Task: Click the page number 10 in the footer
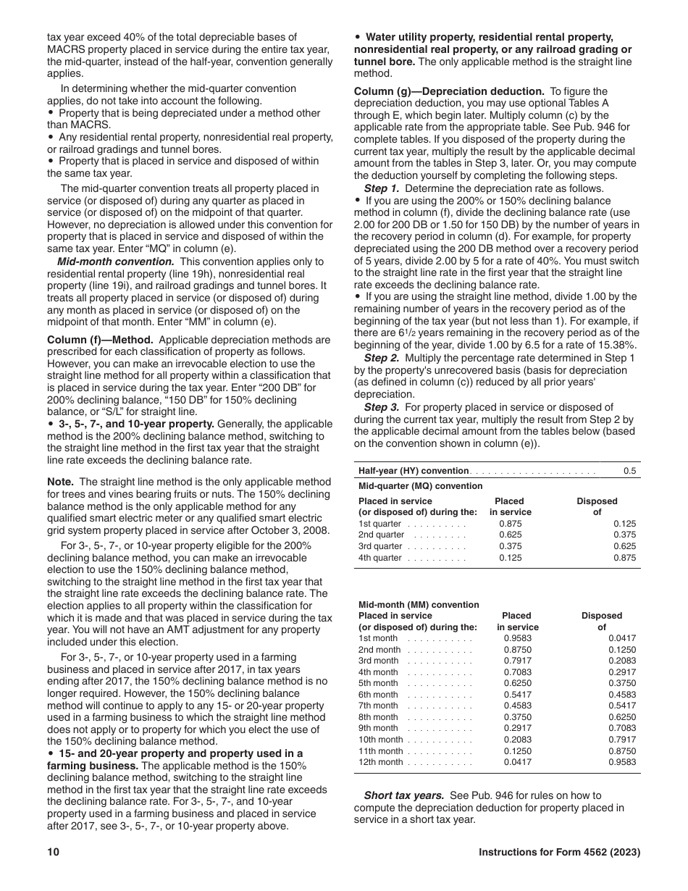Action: [x=52, y=853]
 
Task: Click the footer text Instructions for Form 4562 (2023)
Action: [x=559, y=853]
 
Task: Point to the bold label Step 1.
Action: [x=382, y=188]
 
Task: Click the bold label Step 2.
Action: [x=382, y=358]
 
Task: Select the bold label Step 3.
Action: [x=382, y=407]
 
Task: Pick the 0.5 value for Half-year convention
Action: [x=629, y=471]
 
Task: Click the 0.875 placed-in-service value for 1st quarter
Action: [x=510, y=524]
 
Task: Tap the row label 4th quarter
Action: [x=380, y=558]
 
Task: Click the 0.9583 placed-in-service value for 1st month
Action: [x=517, y=638]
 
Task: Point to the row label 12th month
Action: [x=381, y=762]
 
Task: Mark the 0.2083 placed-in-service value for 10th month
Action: [x=517, y=740]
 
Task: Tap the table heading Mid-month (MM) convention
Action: [x=419, y=605]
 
